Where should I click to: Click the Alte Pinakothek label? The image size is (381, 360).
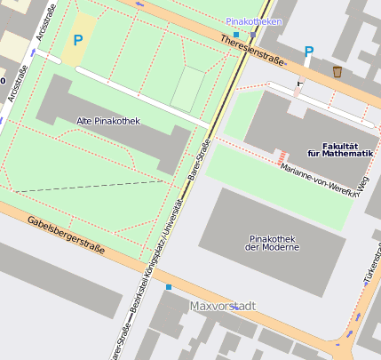coord(108,121)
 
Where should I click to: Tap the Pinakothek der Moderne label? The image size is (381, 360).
coord(272,242)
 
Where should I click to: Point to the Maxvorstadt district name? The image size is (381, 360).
coord(223,306)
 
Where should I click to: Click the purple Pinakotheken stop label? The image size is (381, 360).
coord(254,20)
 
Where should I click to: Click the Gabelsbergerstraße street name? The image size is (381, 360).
coord(67,235)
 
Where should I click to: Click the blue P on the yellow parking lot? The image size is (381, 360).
coord(77,40)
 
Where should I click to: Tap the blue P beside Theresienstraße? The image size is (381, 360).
coord(308,52)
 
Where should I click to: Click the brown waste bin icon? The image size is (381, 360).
coord(337,71)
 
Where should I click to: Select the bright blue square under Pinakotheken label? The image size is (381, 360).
coord(235,34)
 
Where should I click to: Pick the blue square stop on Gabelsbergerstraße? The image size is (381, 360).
coord(169,287)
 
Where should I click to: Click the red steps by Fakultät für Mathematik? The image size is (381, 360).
coord(281,155)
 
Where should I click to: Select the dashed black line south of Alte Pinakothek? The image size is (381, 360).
coord(89,187)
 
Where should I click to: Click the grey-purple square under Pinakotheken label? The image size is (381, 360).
coord(252,36)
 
